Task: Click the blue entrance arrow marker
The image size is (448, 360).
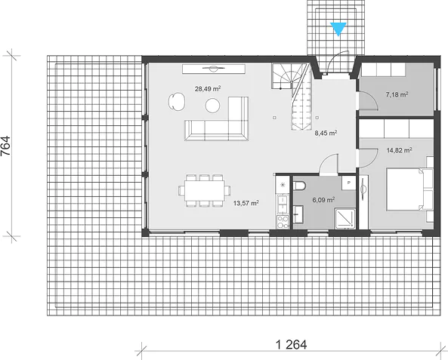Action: pyautogui.click(x=338, y=29)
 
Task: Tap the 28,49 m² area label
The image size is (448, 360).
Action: pyautogui.click(x=208, y=89)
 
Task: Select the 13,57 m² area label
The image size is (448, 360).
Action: pyautogui.click(x=246, y=203)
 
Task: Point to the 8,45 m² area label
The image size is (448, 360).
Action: pyautogui.click(x=326, y=133)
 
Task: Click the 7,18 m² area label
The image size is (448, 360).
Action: pyautogui.click(x=397, y=94)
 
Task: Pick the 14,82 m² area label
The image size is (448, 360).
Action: pyautogui.click(x=399, y=150)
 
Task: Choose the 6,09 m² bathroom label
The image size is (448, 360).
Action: pyautogui.click(x=323, y=200)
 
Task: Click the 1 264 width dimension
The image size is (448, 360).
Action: pyautogui.click(x=291, y=345)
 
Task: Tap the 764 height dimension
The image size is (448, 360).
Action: pyautogui.click(x=6, y=146)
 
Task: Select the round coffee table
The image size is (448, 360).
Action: pyautogui.click(x=212, y=106)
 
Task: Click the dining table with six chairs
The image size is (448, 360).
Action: pyautogui.click(x=205, y=191)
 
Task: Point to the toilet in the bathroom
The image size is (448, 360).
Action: pyautogui.click(x=299, y=186)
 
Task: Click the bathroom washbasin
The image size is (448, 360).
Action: pyautogui.click(x=298, y=214)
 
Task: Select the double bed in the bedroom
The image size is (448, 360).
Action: pyautogui.click(x=409, y=189)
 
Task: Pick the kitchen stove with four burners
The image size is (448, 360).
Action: pyautogui.click(x=283, y=222)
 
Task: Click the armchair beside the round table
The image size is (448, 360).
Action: pyautogui.click(x=177, y=101)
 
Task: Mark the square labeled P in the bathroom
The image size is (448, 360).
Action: pyautogui.click(x=349, y=183)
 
